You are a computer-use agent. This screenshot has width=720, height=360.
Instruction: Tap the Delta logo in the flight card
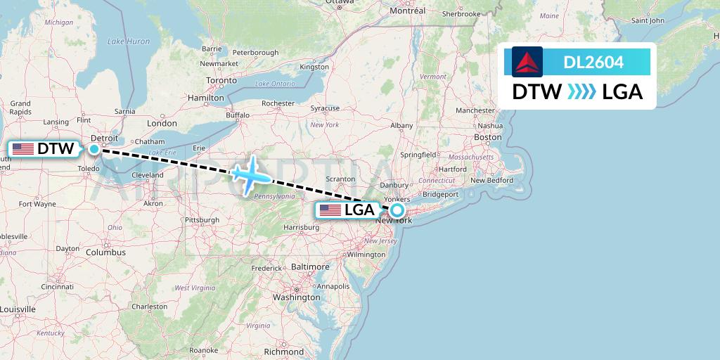(527, 62)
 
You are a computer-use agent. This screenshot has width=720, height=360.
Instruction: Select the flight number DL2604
(593, 63)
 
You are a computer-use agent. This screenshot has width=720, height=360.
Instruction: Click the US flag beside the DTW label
(23, 149)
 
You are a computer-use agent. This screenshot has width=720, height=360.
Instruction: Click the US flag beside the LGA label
(330, 210)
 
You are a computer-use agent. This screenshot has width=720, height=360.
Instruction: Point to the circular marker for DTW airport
(94, 149)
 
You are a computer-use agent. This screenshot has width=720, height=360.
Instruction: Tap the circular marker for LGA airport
(397, 210)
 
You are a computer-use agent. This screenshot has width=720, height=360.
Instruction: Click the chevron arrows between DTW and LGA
(581, 92)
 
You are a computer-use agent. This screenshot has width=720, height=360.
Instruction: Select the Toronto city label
(221, 81)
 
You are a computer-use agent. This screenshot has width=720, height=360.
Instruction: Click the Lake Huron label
(129, 41)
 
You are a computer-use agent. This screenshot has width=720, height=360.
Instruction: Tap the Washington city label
(297, 297)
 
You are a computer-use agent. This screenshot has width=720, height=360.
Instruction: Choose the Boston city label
(487, 137)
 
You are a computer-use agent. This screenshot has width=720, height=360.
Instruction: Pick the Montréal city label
(408, 11)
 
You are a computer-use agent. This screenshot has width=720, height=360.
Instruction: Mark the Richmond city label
(283, 351)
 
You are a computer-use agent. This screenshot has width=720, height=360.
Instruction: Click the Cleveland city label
(147, 175)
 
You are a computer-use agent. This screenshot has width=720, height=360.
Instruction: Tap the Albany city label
(401, 125)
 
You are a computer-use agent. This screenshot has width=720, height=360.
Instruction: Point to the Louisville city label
(18, 309)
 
